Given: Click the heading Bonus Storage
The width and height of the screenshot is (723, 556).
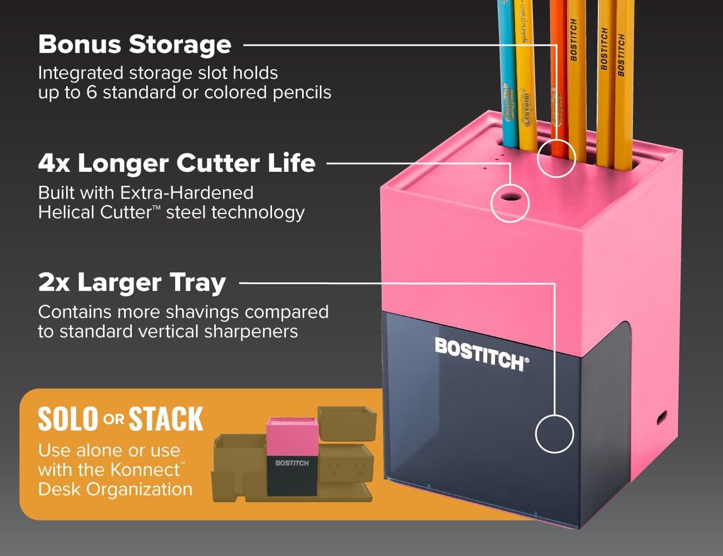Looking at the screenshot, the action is [135, 44].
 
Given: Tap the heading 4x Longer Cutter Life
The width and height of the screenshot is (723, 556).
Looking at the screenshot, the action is [177, 163].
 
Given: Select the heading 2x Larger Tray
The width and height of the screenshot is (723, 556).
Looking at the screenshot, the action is [132, 283].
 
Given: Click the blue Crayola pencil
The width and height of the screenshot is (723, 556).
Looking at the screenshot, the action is [507, 74].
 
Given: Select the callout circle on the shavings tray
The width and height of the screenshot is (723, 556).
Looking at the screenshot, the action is [554, 434].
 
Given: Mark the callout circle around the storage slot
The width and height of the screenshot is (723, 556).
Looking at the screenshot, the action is [556, 158].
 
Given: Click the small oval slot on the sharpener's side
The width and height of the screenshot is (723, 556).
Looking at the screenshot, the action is [661, 418].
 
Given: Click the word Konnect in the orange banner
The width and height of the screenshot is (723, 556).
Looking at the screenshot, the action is [145, 469].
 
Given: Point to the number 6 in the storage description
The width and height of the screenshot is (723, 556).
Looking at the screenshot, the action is [92, 92].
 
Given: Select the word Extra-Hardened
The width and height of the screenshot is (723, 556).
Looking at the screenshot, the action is [187, 192].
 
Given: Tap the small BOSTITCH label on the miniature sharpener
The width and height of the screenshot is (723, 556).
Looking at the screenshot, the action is [292, 463].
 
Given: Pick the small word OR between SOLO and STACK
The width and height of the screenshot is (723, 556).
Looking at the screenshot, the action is [113, 419].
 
